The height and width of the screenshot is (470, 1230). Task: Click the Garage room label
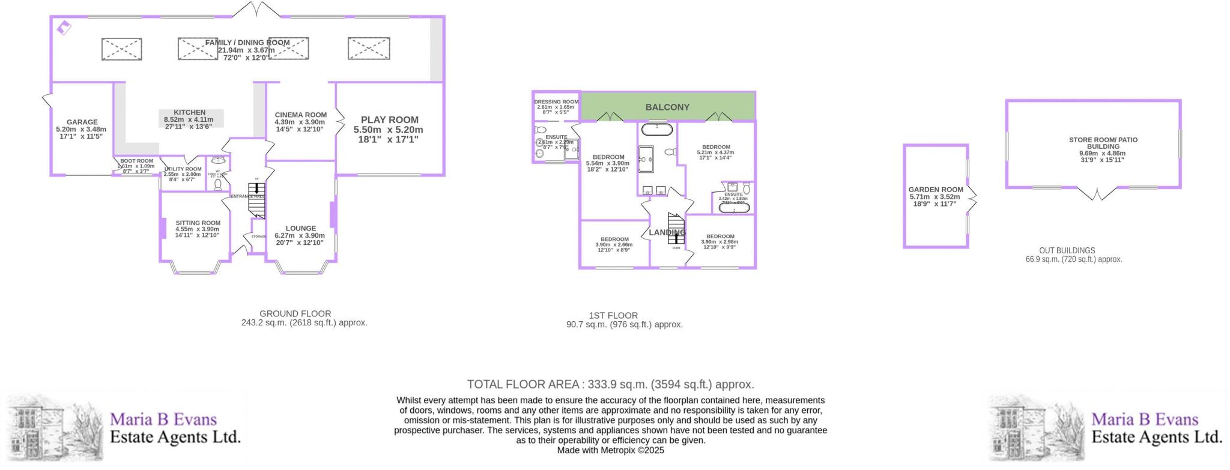tap(82, 122)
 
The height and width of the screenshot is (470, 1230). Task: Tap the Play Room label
tap(389, 120)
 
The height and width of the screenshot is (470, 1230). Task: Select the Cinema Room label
tap(300, 115)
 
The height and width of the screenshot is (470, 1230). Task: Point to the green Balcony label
tap(667, 107)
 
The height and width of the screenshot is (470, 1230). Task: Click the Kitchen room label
tap(189, 113)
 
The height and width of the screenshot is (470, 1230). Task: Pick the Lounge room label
tap(300, 229)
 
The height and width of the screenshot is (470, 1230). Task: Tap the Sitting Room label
tap(198, 223)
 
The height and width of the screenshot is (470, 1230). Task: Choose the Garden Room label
tap(935, 190)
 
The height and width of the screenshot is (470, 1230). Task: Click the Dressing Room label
tap(556, 102)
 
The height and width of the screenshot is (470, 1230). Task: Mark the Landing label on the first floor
tap(667, 232)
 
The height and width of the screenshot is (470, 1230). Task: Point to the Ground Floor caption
tap(295, 314)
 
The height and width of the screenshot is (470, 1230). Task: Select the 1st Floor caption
tap(613, 316)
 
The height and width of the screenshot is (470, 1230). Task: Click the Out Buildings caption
tap(1067, 251)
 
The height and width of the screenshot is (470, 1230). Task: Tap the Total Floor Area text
tap(610, 385)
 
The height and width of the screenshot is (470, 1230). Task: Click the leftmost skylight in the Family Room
tap(121, 49)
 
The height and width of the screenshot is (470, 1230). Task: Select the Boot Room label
tap(136, 161)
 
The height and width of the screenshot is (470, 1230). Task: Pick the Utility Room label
tap(183, 170)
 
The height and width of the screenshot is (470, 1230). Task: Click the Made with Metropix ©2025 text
tap(610, 450)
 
